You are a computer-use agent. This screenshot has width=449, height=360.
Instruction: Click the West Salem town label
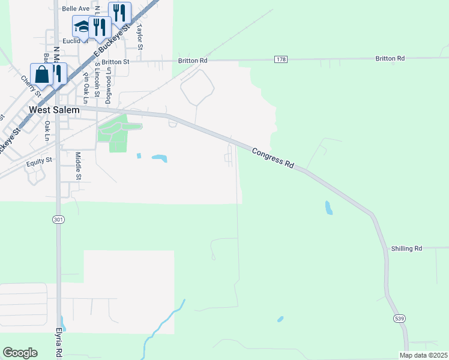coord(54,110)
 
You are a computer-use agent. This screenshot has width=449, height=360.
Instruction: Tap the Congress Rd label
coord(273,158)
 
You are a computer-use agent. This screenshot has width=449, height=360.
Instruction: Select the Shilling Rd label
coord(406,248)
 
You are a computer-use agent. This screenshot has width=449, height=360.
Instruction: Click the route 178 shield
coord(281,59)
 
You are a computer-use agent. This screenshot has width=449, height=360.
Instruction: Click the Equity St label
coord(40,161)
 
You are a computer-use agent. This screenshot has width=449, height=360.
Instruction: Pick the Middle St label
coord(78,166)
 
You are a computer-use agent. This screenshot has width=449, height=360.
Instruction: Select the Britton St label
coord(115,62)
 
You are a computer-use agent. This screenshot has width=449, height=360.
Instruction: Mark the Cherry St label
coord(30,86)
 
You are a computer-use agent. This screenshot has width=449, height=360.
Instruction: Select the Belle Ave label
coord(76,10)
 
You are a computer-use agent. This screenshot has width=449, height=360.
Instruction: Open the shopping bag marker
coord(41,75)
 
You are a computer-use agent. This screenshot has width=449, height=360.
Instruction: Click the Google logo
coord(20,353)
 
